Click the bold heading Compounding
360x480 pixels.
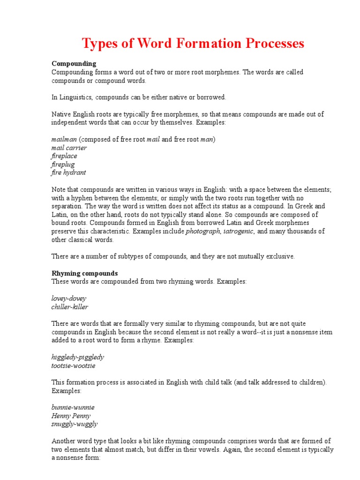tap(74, 63)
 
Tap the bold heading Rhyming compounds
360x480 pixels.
tap(84, 273)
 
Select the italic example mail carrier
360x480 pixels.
tap(69, 148)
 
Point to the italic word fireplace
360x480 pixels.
tap(64, 156)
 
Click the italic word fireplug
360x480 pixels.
tap(63, 165)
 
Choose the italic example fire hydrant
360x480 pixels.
tap(68, 172)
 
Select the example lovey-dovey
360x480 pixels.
tap(68, 299)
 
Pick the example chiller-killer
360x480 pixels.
tap(69, 307)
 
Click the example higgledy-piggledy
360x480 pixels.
tap(77, 357)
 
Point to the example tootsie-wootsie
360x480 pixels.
tap(73, 366)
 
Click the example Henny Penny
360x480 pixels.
tap(71, 416)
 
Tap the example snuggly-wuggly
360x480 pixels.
tap(75, 424)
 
